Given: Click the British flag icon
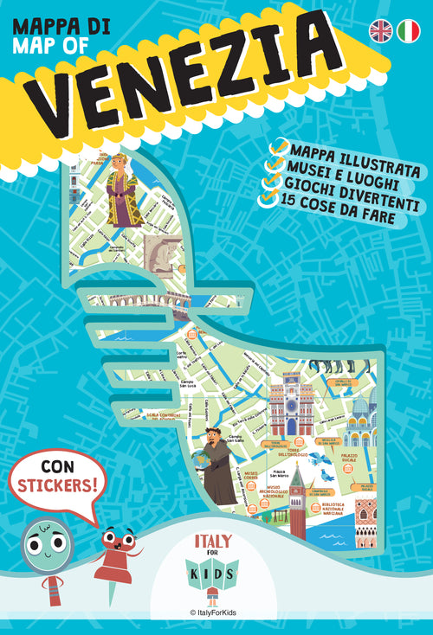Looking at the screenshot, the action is point(380,30).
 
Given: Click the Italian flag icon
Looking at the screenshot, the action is point(408,30).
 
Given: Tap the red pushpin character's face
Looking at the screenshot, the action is point(117,542).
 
